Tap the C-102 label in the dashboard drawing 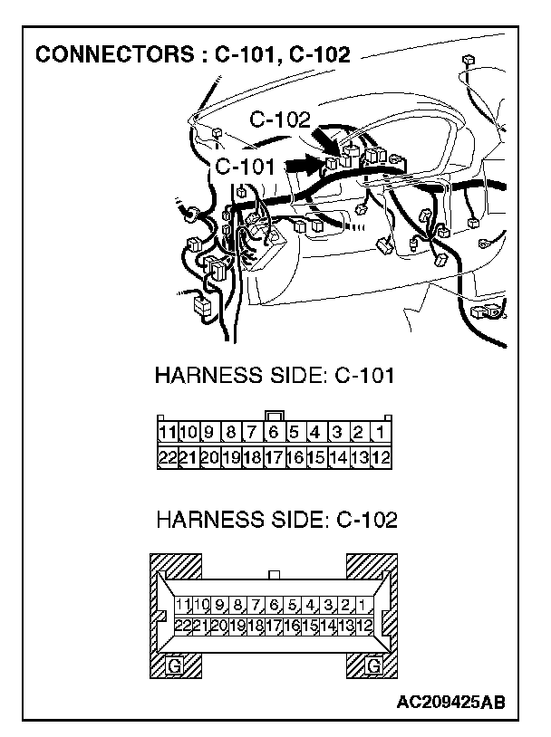click(x=280, y=120)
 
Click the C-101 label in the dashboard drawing click(x=246, y=167)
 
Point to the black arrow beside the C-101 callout click(x=304, y=164)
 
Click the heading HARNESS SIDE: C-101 click(x=275, y=375)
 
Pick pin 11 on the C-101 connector click(x=168, y=433)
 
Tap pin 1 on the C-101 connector click(x=382, y=433)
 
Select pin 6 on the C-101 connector click(x=274, y=433)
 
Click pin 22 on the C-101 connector click(x=168, y=457)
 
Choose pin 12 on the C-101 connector click(x=382, y=457)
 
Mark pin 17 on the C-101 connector click(x=274, y=457)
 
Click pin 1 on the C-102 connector click(x=362, y=605)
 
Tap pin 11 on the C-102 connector click(x=183, y=605)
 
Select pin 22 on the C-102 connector click(x=182, y=625)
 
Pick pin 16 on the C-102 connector click(x=292, y=625)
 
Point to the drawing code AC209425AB click(x=450, y=702)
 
